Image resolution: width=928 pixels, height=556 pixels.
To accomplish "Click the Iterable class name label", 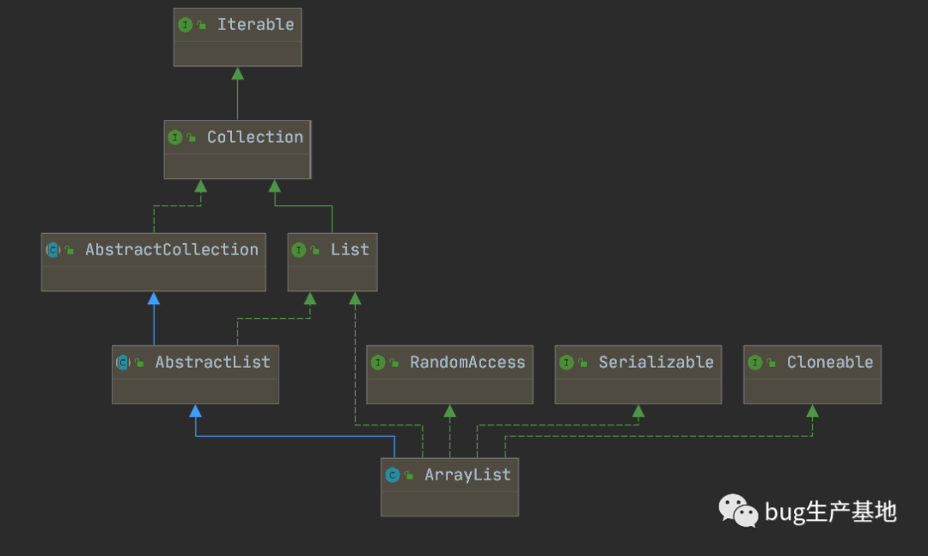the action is [255, 25].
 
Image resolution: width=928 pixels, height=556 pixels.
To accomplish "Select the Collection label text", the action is [255, 137].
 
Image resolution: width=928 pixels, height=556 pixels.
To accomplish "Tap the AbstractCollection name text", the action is [172, 250].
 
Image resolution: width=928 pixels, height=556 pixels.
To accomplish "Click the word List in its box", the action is [350, 250].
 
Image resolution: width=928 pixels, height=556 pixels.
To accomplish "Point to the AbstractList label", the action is [212, 363].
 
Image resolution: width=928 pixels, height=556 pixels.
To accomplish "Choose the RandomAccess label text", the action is [467, 363].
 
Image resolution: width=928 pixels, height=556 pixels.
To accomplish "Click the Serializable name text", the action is [656, 363].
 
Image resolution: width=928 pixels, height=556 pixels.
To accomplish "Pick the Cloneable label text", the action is [830, 363].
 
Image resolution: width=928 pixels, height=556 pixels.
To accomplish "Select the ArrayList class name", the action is [467, 475].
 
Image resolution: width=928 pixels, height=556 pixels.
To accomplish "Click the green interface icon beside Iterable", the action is [186, 25].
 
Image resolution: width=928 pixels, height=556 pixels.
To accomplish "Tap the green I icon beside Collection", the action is [175, 137].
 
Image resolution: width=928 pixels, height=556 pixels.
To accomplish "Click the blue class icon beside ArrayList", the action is [393, 475].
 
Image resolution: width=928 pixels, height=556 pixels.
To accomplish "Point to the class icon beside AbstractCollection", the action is [53, 250].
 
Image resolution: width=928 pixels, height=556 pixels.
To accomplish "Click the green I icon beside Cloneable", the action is [754, 363].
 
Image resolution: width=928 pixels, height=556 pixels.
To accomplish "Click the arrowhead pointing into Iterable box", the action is [237, 73].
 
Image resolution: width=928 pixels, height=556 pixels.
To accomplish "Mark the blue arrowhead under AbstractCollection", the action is [154, 298].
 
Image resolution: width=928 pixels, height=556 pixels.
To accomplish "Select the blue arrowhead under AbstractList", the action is [195, 411].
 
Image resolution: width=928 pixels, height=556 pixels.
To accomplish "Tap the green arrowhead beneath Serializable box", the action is [638, 411].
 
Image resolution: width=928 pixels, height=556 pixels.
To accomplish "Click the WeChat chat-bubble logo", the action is [738, 510].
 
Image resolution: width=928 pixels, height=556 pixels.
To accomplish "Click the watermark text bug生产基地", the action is [831, 511].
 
